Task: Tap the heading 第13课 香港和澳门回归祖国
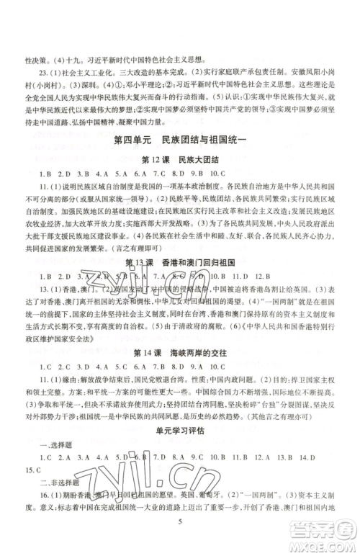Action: point(179,280)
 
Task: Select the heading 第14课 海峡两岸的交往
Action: point(179,370)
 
